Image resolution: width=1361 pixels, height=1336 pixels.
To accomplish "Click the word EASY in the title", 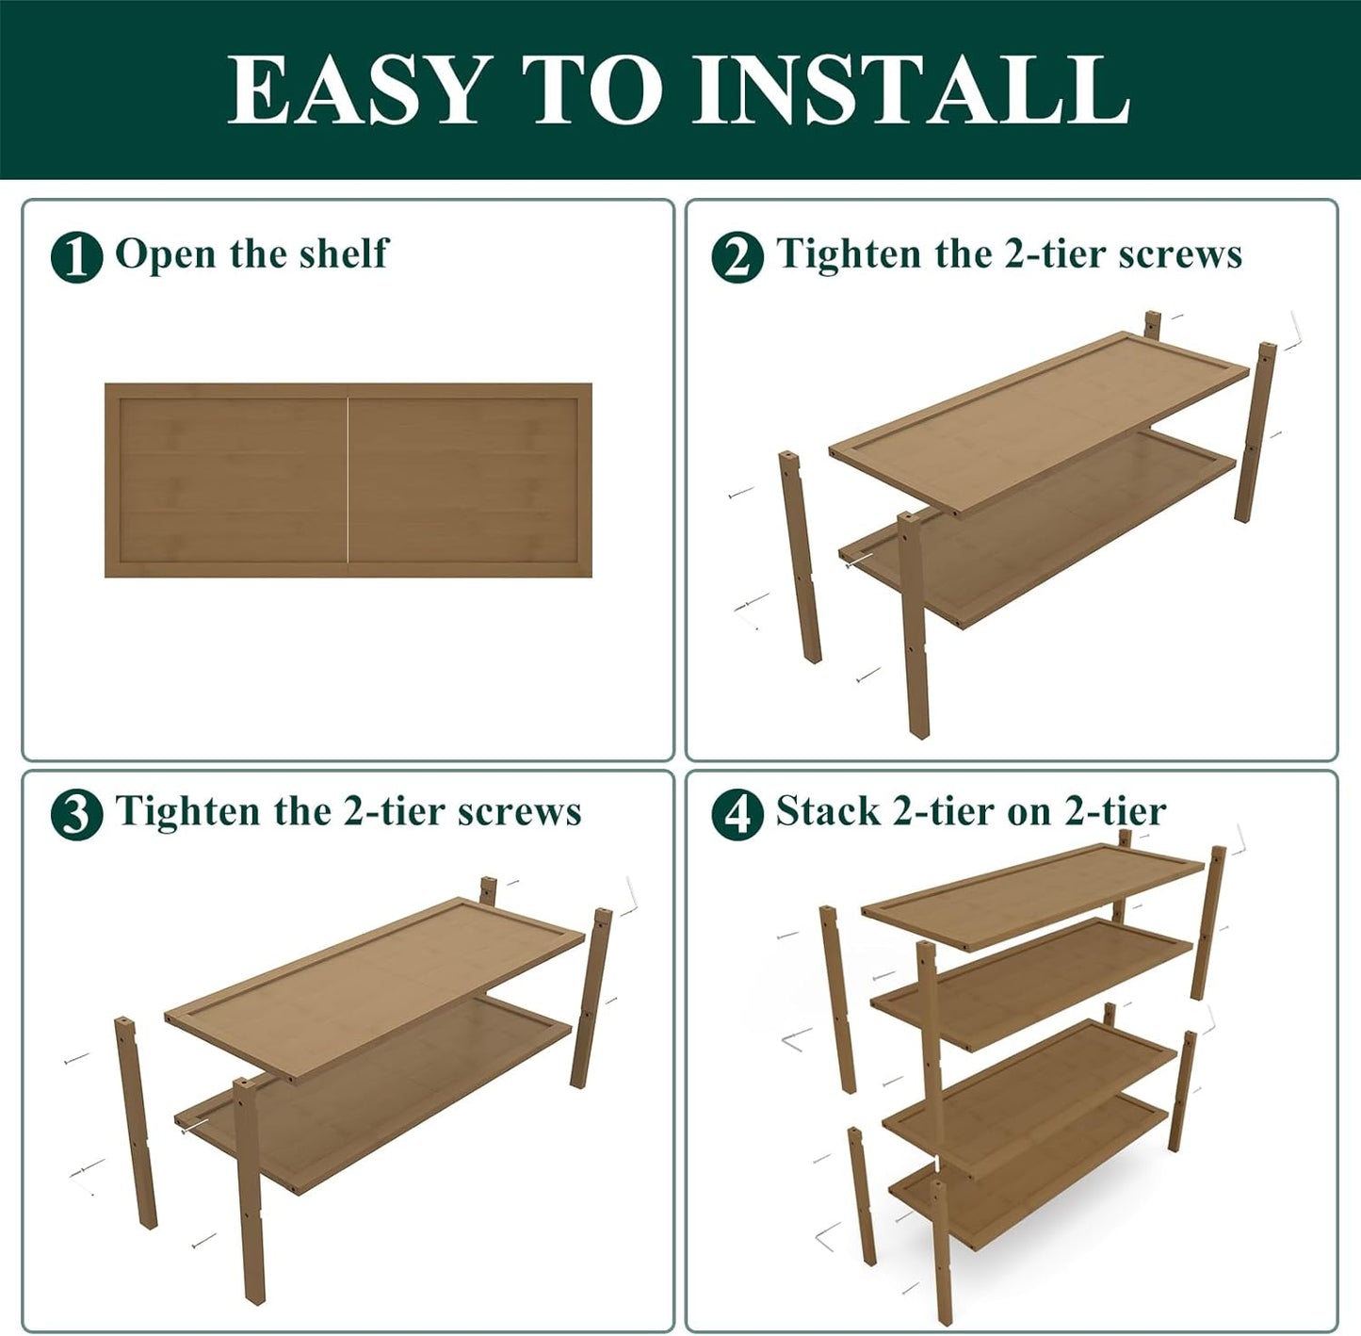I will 359,90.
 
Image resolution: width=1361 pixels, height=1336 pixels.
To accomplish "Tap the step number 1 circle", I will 76,256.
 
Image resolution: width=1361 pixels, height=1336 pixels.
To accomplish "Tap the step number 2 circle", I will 737,256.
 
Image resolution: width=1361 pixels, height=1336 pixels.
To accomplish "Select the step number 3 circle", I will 76,814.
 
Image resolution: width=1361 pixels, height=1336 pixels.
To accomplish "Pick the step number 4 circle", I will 737,814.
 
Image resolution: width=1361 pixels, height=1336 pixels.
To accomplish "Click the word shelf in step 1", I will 343,253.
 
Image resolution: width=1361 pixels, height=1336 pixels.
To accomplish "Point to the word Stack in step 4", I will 827,811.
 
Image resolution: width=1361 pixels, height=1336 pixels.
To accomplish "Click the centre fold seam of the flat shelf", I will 348,481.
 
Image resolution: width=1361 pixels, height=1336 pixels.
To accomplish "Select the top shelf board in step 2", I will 1036,415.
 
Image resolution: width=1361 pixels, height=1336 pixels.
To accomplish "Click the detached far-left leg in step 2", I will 799,556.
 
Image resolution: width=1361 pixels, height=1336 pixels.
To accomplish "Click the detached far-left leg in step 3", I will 136,1121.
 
